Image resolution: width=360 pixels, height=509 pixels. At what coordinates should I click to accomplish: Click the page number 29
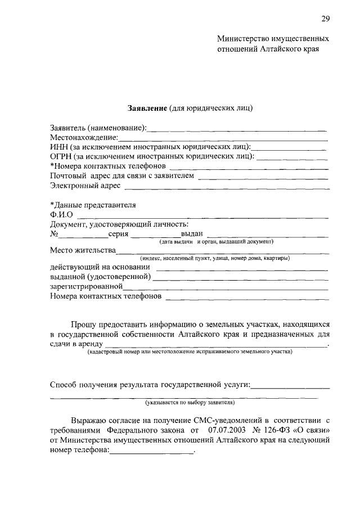pos(325,19)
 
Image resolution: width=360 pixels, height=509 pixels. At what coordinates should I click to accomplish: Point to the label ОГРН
pos(61,156)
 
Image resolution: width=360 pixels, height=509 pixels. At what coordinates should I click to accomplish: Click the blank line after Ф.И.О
pos(202,215)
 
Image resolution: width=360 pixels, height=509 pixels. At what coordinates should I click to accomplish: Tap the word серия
pos(119,233)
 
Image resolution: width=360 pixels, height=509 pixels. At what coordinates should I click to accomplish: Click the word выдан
pos(191,233)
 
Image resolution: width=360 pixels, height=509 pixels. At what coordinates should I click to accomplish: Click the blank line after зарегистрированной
pos(225,286)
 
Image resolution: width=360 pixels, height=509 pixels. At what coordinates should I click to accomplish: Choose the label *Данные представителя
pos(93,205)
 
